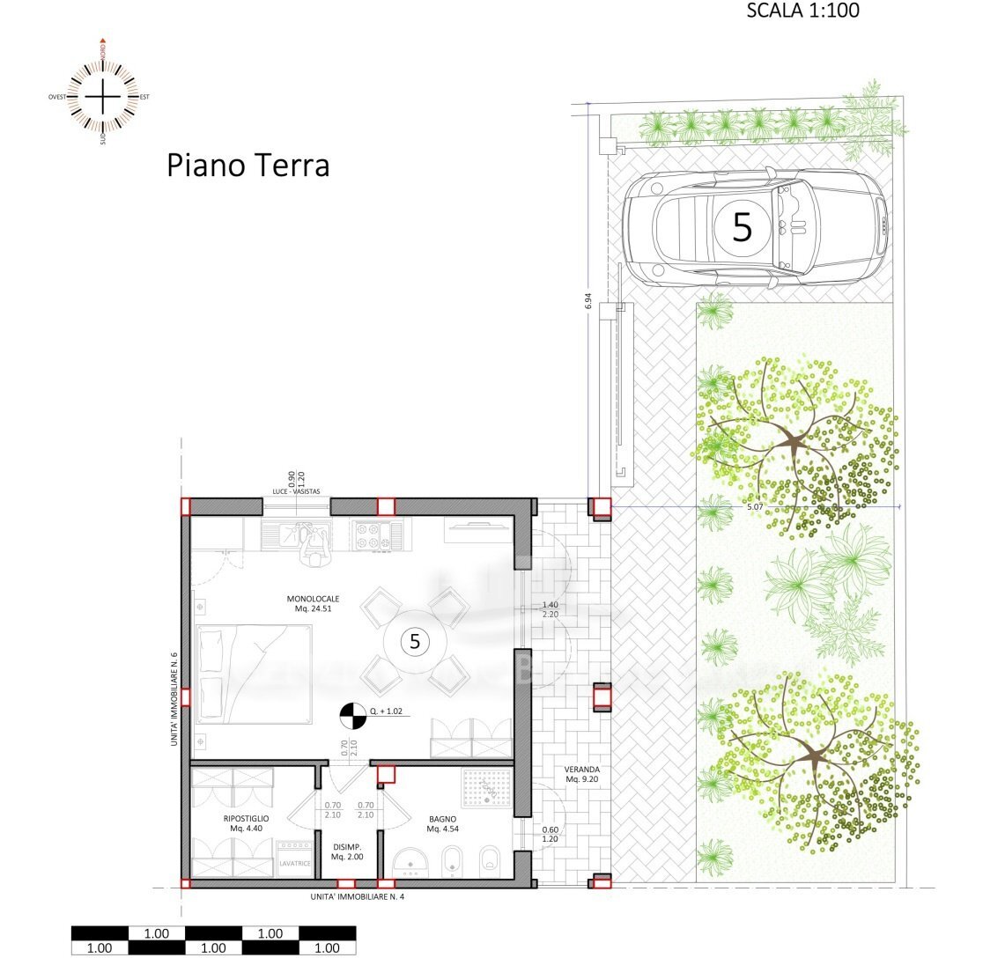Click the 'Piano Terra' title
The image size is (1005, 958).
248,165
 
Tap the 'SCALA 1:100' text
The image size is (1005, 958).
802,11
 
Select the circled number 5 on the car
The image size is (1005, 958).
743,227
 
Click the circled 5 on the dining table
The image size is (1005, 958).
414,641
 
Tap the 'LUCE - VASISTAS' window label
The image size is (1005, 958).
297,490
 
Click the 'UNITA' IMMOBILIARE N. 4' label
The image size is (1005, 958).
357,897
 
